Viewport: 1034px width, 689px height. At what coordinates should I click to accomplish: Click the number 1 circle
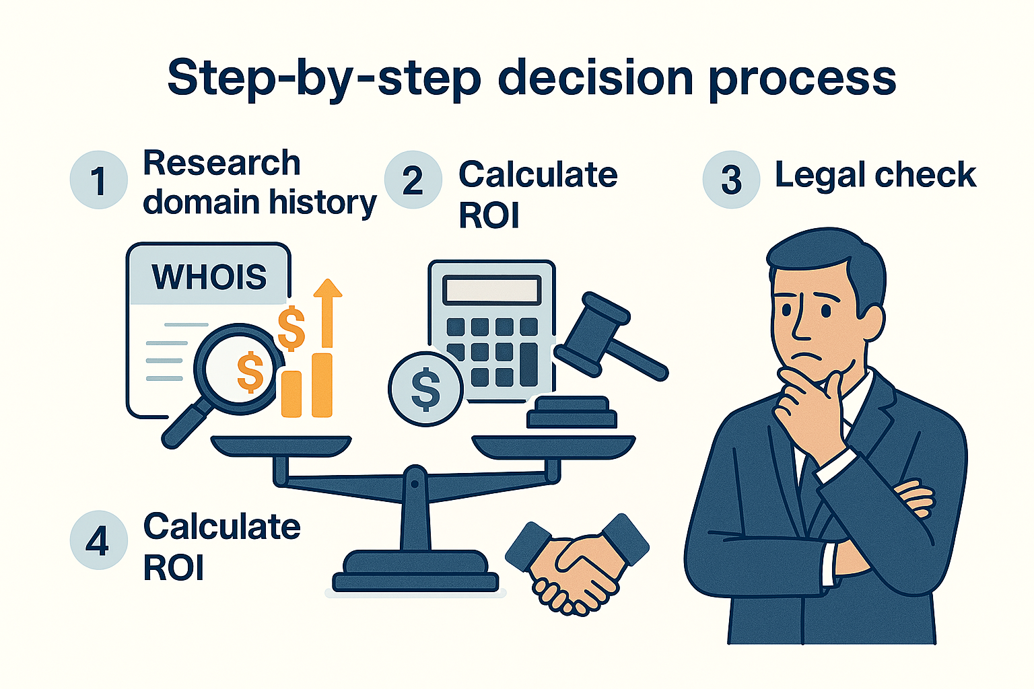[98, 180]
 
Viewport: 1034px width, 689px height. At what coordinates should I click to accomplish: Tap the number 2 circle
[413, 180]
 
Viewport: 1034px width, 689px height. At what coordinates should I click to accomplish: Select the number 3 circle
[731, 180]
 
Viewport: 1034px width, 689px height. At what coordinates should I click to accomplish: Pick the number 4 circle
[98, 540]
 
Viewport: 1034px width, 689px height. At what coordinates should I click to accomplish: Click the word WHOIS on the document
[209, 277]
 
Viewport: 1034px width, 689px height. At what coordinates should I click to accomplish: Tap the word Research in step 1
[221, 164]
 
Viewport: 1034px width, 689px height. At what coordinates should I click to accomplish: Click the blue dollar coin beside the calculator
[425, 389]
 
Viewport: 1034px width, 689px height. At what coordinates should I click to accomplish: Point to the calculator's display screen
[491, 291]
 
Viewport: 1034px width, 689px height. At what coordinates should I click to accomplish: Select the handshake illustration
[576, 563]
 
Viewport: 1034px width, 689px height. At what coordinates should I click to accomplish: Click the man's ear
[871, 322]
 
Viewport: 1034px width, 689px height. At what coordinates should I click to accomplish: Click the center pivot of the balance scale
[415, 482]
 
